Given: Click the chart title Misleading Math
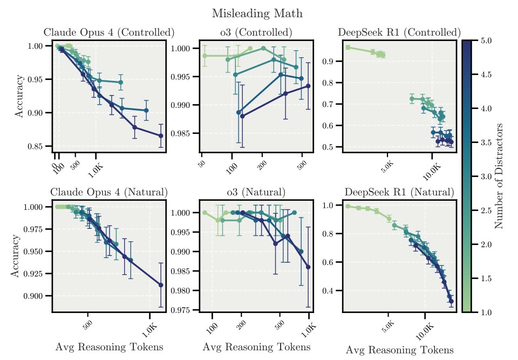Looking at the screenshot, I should point(261,13).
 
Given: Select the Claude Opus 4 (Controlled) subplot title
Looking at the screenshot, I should point(108,32).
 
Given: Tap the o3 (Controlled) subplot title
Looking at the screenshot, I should point(256,32).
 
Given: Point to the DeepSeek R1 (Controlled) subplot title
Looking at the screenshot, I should point(399,32).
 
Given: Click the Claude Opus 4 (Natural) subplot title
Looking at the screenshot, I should point(108,192).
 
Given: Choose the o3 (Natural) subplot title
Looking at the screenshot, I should point(256,192).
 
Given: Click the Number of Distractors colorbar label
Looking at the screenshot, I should point(499,175).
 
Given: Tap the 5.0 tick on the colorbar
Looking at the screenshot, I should point(487,40).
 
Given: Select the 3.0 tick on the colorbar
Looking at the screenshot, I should point(487,176).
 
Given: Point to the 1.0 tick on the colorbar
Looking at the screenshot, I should point(487,312).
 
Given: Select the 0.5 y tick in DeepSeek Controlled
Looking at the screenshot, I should point(328,147).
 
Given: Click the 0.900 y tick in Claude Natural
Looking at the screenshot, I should point(38,296).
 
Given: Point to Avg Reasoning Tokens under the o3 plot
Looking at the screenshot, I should point(256,347).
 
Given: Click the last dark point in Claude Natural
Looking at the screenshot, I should point(161,285).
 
